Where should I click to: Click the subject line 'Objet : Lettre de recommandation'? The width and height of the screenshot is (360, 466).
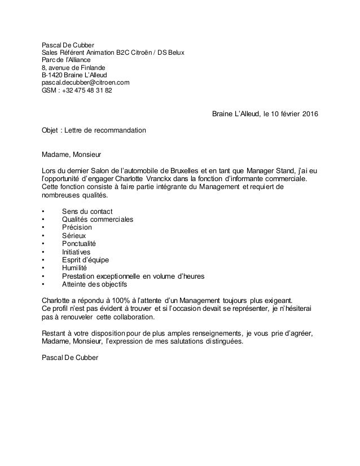point(94,130)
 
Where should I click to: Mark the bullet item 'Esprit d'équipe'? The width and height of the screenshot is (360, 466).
point(86,260)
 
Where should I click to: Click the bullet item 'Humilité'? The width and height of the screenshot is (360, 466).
point(76,268)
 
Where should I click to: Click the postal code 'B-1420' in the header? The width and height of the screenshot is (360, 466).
point(52,74)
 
